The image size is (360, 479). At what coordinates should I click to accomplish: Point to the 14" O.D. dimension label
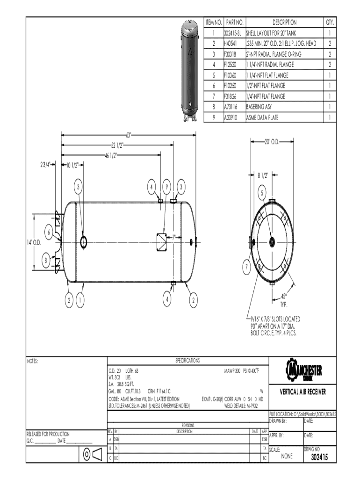(x=34, y=242)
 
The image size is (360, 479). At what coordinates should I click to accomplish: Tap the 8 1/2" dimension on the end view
(x=263, y=176)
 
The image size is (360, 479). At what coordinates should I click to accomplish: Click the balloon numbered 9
(x=166, y=187)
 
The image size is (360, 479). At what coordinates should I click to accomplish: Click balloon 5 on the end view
(x=262, y=192)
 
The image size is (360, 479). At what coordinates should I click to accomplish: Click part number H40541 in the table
(x=231, y=44)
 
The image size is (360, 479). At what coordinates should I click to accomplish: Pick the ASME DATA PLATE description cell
(x=262, y=118)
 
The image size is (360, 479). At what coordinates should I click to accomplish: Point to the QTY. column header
(x=330, y=22)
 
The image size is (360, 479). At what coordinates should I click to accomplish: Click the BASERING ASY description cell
(x=260, y=107)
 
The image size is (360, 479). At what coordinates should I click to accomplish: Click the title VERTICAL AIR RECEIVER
(x=303, y=392)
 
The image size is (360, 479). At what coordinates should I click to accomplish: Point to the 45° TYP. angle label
(x=284, y=299)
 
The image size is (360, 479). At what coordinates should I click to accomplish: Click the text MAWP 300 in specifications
(x=232, y=370)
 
